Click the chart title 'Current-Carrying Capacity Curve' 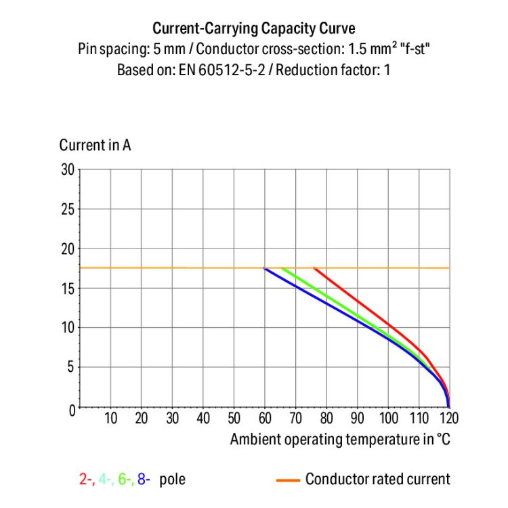coord(254,28)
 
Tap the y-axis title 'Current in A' coord(95,145)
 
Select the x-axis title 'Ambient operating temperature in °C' coord(340,440)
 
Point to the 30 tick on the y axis coord(67,169)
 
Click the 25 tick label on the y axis coord(67,209)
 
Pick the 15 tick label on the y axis coord(67,289)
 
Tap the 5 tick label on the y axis coord(70,368)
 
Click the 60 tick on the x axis coord(265,418)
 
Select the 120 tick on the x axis coord(448,418)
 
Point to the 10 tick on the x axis coord(111,418)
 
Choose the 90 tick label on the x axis coord(357,418)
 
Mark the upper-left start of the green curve coord(282,269)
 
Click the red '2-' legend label coord(86,480)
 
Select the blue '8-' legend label coord(144,480)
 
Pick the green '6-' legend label coord(124,480)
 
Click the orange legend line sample coord(288,480)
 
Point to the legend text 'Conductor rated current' coord(377,480)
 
